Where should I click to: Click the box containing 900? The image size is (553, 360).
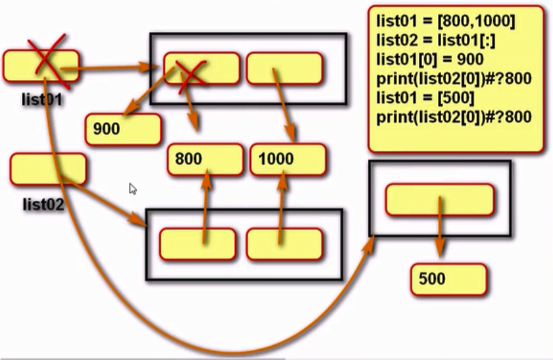(x=123, y=129)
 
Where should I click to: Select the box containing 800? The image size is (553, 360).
(x=205, y=159)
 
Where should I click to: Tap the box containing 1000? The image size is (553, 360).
(x=288, y=159)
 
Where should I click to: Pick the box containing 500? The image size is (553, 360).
(x=448, y=280)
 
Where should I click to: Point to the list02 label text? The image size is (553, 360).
(x=43, y=204)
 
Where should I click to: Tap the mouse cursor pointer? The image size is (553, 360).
(x=132, y=188)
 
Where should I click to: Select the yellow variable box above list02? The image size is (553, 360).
(x=48, y=169)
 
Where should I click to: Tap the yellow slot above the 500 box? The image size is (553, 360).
(x=439, y=200)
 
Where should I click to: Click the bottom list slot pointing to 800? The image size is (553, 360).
(x=197, y=243)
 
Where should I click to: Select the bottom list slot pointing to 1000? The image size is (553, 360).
(x=284, y=243)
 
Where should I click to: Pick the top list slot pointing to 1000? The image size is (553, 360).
(x=284, y=68)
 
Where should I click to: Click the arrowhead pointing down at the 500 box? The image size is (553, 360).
(x=439, y=252)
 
